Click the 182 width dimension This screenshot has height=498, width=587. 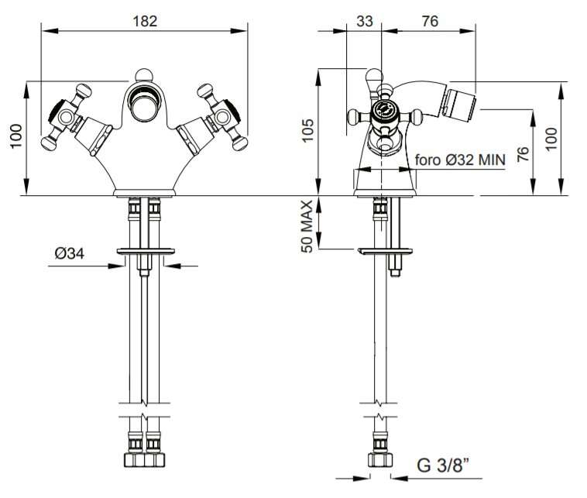145,21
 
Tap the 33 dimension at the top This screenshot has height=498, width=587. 364,21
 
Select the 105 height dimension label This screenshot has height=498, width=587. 307,130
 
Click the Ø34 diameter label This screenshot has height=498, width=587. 70,253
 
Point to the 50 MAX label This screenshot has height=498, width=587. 307,226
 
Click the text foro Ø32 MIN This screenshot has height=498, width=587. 460,160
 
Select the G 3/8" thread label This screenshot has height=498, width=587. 443,465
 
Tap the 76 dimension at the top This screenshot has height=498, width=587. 430,21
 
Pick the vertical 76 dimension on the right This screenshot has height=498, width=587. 523,154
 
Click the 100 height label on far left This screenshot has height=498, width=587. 16,136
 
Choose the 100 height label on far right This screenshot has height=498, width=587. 551,139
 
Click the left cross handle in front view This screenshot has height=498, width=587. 67,117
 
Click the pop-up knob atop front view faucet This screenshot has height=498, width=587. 144,75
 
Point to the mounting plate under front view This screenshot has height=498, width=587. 146,251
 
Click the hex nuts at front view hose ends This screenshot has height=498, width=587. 144,460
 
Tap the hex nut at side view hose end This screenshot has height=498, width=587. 380,460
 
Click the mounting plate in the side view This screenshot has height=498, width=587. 385,251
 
